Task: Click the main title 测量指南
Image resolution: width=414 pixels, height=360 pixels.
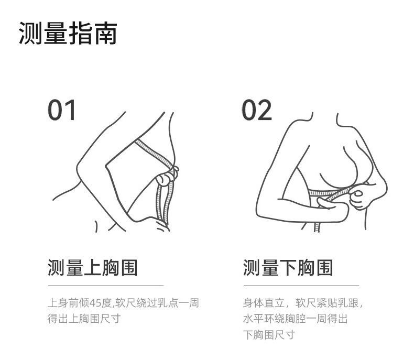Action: [x=68, y=33]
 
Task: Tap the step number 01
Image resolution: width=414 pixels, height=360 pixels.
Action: [x=62, y=110]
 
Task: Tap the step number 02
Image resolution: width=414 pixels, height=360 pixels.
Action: [x=257, y=110]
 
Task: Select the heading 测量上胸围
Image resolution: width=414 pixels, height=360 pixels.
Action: [x=92, y=268]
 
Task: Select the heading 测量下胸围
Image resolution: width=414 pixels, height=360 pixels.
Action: [x=288, y=268]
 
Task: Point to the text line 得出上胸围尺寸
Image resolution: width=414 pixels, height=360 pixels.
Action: [x=84, y=319]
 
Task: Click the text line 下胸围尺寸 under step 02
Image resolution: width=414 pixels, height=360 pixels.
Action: [x=269, y=335]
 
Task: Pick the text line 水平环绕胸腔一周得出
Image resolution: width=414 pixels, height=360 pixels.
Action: [x=295, y=319]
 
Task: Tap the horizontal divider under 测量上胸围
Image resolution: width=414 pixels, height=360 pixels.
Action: [x=106, y=285]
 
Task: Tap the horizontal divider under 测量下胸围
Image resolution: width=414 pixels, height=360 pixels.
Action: [x=301, y=285]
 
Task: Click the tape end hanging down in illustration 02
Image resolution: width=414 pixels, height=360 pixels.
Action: [x=317, y=226]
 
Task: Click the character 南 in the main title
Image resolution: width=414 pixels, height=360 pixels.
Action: [x=105, y=33]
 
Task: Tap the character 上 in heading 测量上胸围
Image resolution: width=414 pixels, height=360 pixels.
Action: [x=92, y=268]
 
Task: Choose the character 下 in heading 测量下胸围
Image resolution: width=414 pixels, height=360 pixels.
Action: [x=288, y=268]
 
